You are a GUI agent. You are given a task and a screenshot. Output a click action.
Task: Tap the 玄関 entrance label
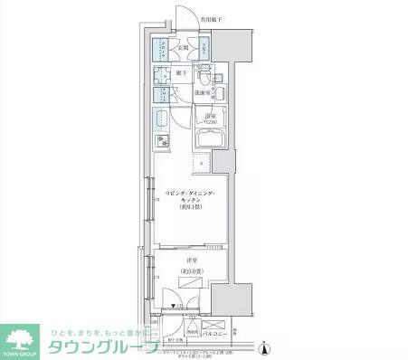pyautogui.click(x=182, y=48)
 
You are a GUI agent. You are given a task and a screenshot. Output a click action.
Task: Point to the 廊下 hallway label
pyautogui.click(x=182, y=71)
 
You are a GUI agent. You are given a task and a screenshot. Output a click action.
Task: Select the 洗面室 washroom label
pyautogui.click(x=203, y=91)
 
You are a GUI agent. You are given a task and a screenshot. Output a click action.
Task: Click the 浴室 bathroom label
pyautogui.click(x=210, y=118)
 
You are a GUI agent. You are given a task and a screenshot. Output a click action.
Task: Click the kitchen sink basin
pyautogui.click(x=163, y=120)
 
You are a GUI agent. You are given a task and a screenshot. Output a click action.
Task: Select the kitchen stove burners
pyautogui.click(x=163, y=141)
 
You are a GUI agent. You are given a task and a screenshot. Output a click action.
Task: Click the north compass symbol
pyautogui.click(x=263, y=348)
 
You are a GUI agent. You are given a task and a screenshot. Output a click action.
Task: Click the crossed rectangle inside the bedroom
pyautogui.click(x=193, y=283)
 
